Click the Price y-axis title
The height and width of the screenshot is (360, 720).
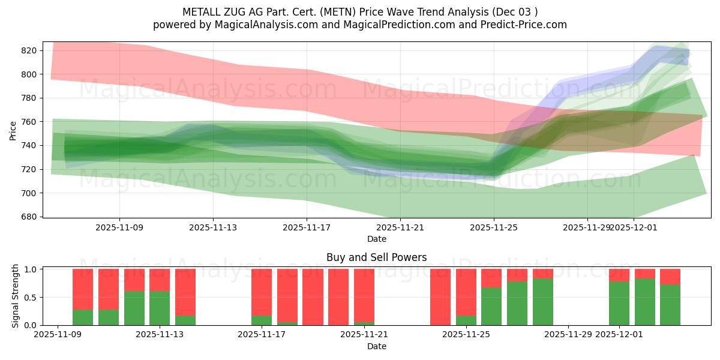tap(13, 130)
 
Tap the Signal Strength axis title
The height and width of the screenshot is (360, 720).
tap(16, 296)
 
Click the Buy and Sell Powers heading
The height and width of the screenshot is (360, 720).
tap(376, 257)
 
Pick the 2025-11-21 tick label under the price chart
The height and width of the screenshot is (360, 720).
tap(400, 228)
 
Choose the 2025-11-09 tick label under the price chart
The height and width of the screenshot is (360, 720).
tap(119, 228)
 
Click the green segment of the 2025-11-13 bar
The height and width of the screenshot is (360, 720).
tap(160, 308)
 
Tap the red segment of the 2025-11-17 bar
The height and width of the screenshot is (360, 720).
tap(262, 292)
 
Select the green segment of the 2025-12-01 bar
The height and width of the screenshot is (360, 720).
tap(619, 304)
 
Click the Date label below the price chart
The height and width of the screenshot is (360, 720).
tap(376, 239)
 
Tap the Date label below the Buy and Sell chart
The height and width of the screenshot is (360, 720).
tap(376, 346)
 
